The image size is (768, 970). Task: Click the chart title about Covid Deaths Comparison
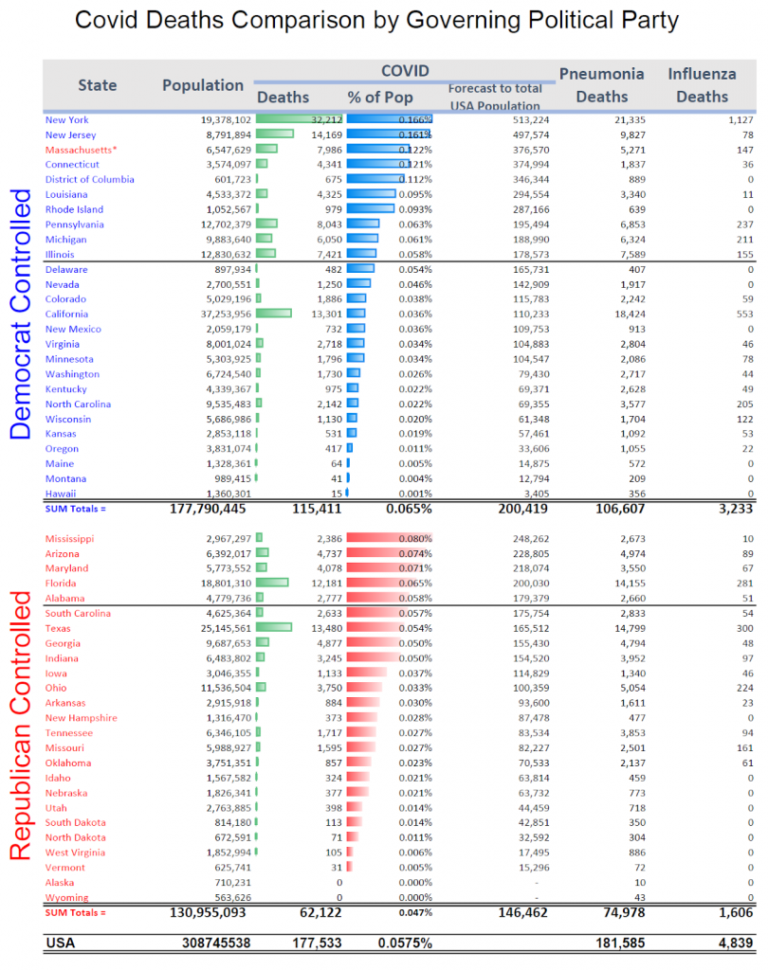tap(383, 21)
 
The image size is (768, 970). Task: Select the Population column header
tap(203, 85)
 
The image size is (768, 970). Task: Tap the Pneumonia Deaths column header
tap(602, 84)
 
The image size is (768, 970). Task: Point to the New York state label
tap(67, 119)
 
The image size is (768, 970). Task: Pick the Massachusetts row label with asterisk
tap(82, 150)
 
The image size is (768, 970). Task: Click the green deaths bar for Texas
tap(274, 628)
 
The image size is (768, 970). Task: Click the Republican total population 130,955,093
tap(205, 913)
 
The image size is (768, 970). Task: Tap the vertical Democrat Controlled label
tap(22, 313)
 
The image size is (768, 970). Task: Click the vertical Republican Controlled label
tap(22, 725)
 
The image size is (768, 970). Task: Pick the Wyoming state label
tap(66, 898)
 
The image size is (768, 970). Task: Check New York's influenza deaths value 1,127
tap(736, 119)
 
